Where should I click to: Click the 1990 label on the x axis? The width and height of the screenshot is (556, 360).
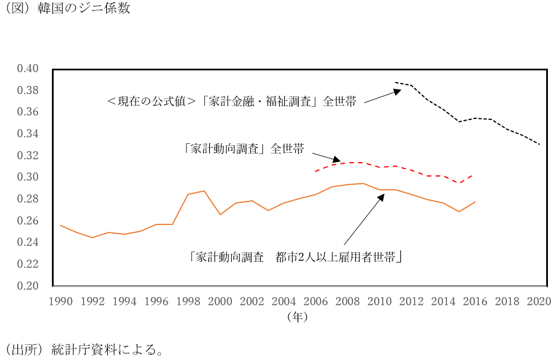61,301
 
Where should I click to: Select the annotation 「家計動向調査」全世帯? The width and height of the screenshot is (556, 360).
244,148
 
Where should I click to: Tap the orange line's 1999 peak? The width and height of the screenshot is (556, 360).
204,191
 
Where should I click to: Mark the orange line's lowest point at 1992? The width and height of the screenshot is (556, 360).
92,238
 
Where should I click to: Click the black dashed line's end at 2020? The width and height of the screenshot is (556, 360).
539,144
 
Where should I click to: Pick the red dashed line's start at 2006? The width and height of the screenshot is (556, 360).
315,171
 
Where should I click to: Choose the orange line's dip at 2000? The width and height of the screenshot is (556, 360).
220,215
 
